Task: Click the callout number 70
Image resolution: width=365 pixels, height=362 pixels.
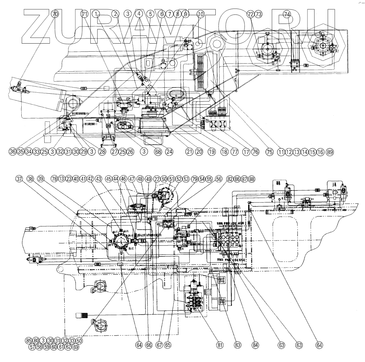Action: pos(55,14)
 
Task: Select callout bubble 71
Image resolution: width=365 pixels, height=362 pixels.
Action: pos(85,14)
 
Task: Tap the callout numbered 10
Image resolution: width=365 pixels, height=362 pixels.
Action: pos(201,14)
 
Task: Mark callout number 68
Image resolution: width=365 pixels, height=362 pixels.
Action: pos(158,152)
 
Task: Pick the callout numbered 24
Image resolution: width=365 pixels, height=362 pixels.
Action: pos(169,152)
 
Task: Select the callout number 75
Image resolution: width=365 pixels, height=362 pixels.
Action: pos(269,152)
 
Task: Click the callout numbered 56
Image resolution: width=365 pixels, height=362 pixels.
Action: pos(219,179)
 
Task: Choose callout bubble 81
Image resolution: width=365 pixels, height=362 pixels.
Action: pos(220,345)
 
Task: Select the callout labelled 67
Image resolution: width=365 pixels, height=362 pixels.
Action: pos(159,345)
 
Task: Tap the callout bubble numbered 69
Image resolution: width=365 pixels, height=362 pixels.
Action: pos(76,347)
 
